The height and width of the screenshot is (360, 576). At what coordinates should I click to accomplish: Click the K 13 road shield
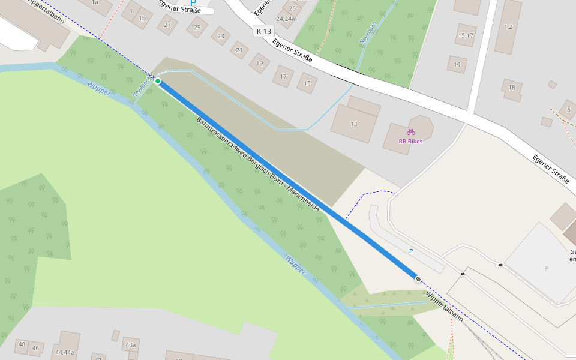tap(263, 31)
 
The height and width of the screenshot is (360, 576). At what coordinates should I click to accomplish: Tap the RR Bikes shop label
tap(410, 142)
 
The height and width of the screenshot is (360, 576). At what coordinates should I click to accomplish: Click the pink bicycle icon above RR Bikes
tap(410, 131)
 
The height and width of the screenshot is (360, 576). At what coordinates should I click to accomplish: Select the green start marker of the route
tap(158, 81)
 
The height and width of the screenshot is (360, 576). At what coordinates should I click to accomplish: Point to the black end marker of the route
tap(418, 278)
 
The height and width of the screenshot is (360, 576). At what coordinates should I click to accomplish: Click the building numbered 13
tap(354, 124)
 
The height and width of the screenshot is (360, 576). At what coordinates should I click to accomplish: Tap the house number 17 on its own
tap(283, 76)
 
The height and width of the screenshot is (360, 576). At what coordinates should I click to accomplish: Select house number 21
tap(239, 50)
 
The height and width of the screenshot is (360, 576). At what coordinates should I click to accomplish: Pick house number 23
tap(221, 36)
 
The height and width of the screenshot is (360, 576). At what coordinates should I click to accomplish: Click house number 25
tap(197, 27)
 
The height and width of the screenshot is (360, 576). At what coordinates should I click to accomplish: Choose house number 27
tap(167, 25)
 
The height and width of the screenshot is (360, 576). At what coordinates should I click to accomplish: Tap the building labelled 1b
tap(142, 19)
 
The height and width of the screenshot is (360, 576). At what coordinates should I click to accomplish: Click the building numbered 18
tap(511, 88)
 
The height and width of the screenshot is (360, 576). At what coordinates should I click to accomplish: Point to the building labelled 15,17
tap(466, 35)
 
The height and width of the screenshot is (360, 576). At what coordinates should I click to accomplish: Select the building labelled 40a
tap(130, 345)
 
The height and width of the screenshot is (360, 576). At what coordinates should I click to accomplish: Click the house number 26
tap(292, 8)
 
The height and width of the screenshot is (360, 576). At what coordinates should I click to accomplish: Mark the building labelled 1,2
tap(508, 26)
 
